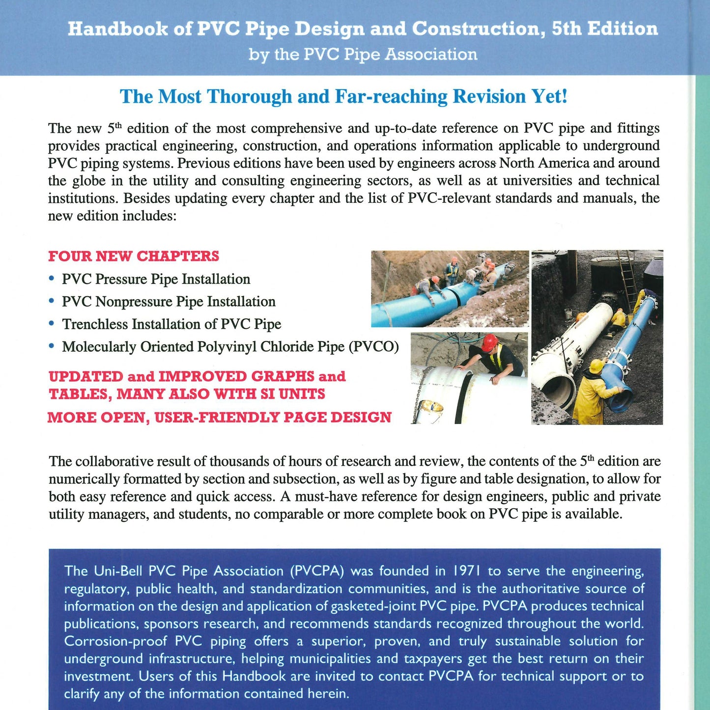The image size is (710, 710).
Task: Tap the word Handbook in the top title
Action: (116, 29)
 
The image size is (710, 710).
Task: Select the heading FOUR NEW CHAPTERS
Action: (134, 256)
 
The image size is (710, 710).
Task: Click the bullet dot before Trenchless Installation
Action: (52, 323)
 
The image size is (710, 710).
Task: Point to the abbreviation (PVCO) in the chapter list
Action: (374, 347)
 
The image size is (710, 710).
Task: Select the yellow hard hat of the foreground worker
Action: (596, 366)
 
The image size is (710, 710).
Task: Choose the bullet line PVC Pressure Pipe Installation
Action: (156, 279)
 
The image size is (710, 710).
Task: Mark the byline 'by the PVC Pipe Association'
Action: (363, 54)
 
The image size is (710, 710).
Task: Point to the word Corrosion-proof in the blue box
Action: (116, 641)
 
